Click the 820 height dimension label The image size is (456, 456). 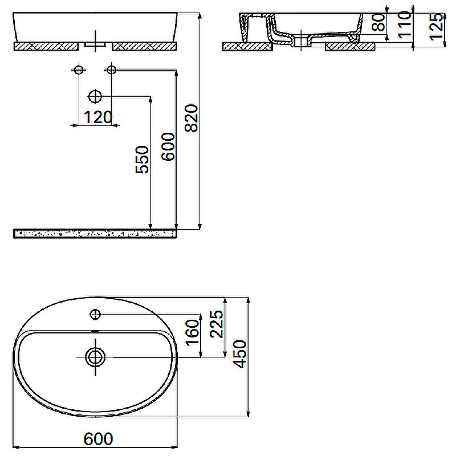click(x=192, y=117)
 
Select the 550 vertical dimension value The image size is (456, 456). click(x=142, y=159)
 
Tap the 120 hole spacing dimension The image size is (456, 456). click(x=97, y=117)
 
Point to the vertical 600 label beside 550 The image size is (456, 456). click(x=168, y=146)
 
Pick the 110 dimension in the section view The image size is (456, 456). click(x=404, y=24)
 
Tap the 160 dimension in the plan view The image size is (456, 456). click(x=192, y=333)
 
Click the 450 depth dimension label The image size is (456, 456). click(x=241, y=353)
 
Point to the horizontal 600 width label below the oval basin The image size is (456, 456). click(x=99, y=439)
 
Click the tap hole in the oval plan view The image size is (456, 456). click(x=95, y=314)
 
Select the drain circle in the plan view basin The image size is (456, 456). click(x=95, y=357)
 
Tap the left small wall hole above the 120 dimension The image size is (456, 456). click(x=79, y=70)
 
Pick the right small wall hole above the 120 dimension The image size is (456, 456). click(x=111, y=70)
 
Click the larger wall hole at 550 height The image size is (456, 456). click(x=95, y=96)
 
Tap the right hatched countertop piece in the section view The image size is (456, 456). click(x=349, y=46)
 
